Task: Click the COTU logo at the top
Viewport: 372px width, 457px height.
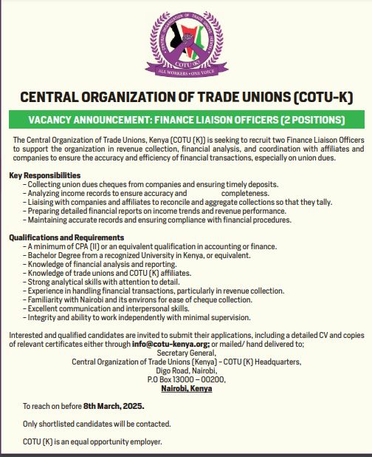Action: click(x=185, y=41)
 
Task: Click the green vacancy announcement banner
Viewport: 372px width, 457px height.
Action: click(x=185, y=119)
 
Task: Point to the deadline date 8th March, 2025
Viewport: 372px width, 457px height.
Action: click(x=114, y=406)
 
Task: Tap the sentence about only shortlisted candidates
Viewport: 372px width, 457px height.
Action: click(x=97, y=424)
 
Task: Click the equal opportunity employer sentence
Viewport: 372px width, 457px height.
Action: click(x=92, y=441)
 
